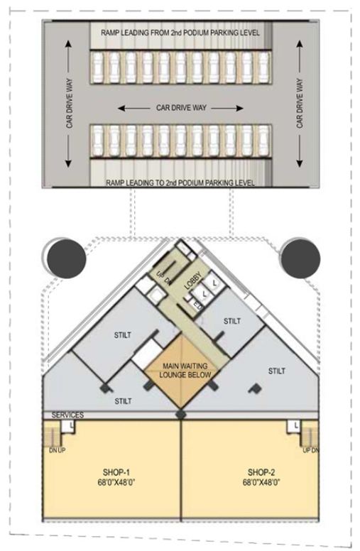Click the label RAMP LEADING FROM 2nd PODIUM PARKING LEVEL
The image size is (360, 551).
pos(175,33)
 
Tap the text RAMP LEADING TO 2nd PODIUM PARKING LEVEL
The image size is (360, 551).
pos(180,183)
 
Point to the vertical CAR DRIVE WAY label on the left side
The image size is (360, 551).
pos(70,104)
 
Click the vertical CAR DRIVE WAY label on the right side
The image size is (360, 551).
pos(299,104)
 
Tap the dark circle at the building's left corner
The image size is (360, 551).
pos(66,259)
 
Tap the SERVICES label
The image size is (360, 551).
pos(68,415)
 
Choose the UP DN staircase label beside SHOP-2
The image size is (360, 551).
pos(310,450)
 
